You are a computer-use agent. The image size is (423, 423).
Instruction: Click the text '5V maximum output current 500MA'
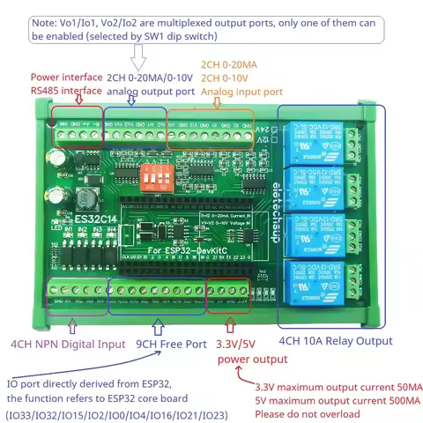click(338, 400)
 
